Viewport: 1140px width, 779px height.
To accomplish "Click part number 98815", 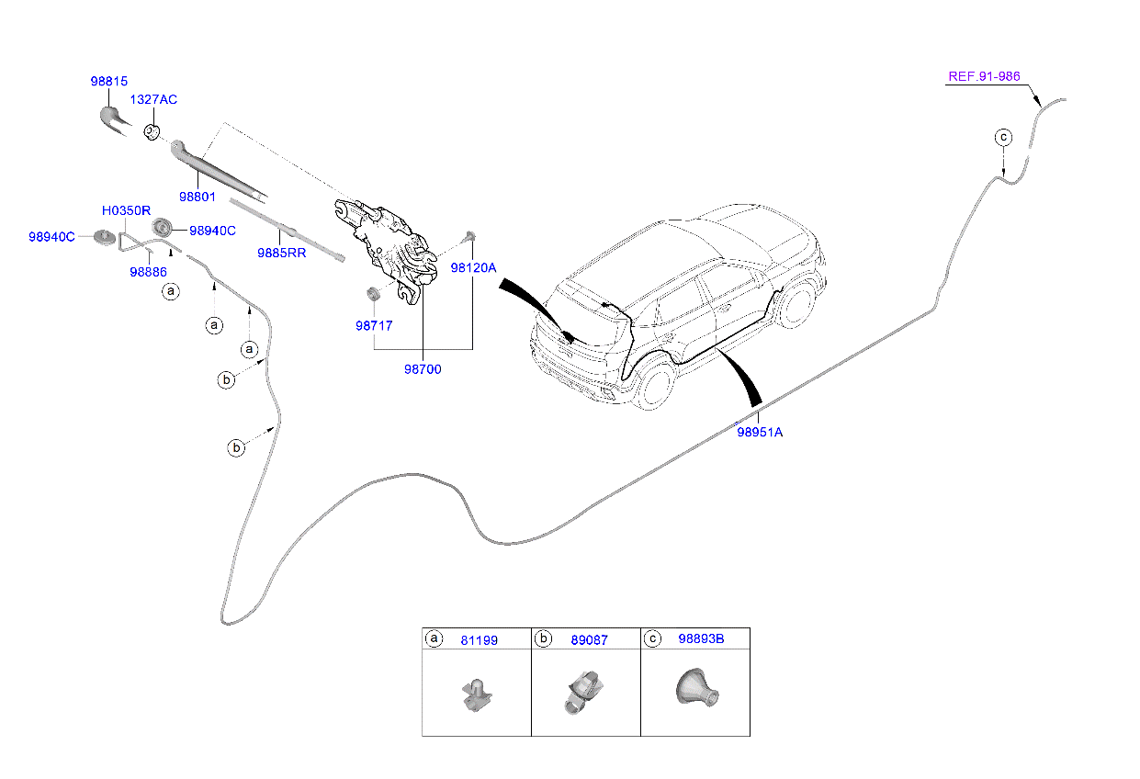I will point(108,81).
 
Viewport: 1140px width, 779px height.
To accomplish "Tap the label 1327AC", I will point(152,98).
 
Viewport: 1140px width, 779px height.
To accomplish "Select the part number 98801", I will point(198,197).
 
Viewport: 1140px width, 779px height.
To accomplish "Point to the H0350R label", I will point(126,211).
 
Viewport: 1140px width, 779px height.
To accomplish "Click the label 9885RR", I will point(281,252).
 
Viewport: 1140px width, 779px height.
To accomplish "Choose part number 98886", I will point(148,272).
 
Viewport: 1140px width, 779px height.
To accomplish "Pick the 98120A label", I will point(473,268).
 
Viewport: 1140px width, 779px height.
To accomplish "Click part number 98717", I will point(375,325).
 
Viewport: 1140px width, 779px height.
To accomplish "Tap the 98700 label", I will point(423,369).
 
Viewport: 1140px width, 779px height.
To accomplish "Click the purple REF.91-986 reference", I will point(984,76).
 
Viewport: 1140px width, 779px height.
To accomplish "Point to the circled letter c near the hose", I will point(1003,138).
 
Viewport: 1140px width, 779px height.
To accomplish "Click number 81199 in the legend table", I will point(479,640).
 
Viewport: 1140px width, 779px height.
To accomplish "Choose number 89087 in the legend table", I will point(589,640).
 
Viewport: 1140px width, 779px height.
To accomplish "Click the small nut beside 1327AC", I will point(152,131).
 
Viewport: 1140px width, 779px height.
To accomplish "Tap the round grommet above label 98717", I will point(374,293).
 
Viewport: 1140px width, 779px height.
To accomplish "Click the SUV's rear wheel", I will point(656,387).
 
